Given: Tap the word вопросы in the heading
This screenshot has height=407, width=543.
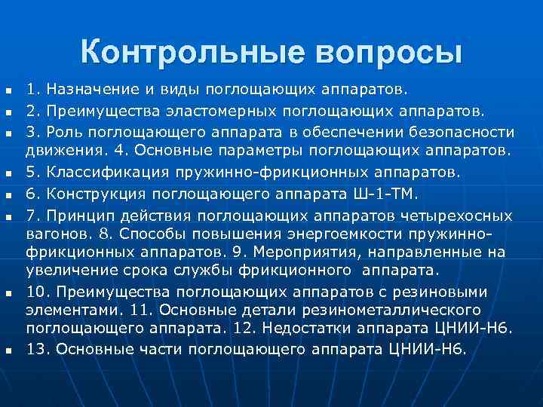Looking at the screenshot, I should pyautogui.click(x=382, y=52).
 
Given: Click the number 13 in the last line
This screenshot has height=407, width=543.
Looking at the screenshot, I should pyautogui.click(x=36, y=348).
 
